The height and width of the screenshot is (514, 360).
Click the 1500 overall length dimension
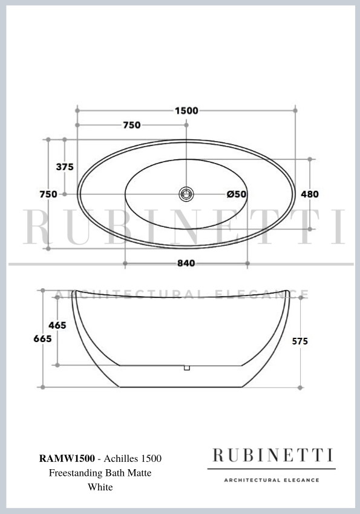click(x=186, y=110)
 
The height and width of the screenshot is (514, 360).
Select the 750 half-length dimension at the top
click(x=132, y=125)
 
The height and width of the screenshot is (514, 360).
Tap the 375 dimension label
click(x=65, y=167)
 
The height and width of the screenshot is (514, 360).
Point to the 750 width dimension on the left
click(x=48, y=194)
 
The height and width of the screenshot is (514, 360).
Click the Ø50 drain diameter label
click(x=236, y=194)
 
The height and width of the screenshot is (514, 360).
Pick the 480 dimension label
click(x=309, y=194)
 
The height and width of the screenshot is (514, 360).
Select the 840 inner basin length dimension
click(x=186, y=263)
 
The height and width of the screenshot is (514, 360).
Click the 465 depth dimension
click(x=57, y=326)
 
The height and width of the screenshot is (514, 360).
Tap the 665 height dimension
click(x=42, y=339)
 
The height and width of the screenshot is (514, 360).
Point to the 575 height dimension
click(x=299, y=341)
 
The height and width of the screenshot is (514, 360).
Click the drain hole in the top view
click(x=186, y=194)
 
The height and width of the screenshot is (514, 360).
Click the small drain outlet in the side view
click(x=187, y=367)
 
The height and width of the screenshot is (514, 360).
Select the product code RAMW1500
click(x=67, y=459)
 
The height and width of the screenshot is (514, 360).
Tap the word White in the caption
click(x=100, y=487)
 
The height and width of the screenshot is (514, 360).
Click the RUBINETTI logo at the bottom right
click(x=271, y=455)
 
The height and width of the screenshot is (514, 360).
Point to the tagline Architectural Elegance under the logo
click(x=271, y=480)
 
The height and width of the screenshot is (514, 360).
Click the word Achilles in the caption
click(x=121, y=459)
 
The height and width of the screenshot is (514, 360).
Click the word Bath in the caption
click(x=115, y=473)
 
